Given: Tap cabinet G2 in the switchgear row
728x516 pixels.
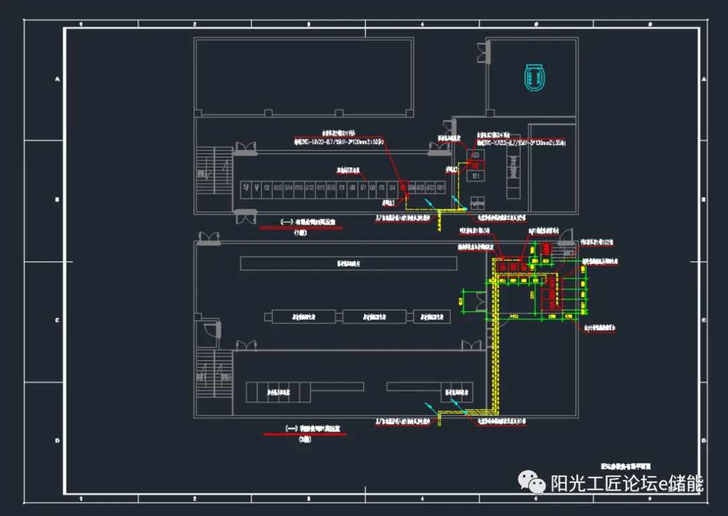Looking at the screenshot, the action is tap(267, 187).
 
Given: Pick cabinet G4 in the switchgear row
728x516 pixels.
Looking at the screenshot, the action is tap(392, 187).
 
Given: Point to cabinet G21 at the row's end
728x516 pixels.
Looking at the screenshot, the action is tap(441, 187).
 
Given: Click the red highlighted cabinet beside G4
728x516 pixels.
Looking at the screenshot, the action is tap(403, 187).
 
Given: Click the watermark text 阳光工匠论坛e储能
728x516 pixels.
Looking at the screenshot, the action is tap(627, 483).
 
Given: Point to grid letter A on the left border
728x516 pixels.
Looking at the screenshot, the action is tap(57, 79).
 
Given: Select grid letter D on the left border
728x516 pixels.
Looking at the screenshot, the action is tap(57, 441).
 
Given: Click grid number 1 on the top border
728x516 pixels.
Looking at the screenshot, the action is tap(81, 24).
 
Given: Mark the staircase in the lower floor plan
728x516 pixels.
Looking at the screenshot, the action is tap(205, 377).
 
